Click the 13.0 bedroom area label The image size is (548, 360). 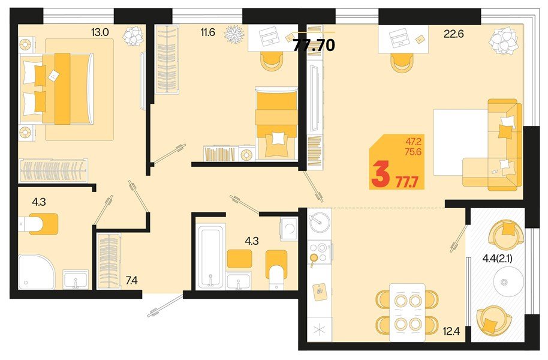click(x=100, y=32)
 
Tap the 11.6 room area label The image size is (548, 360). click(x=208, y=32)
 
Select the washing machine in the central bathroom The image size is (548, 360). click(x=288, y=228)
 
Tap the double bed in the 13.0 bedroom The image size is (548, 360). click(x=61, y=88)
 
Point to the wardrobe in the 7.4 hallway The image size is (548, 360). click(x=110, y=262)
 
